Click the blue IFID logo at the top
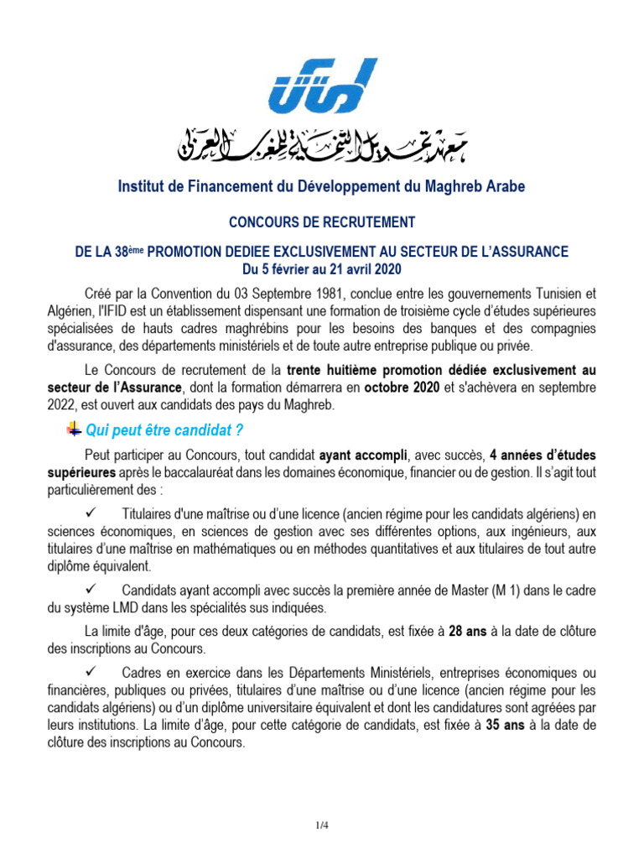[x=322, y=87]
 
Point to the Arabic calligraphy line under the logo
[x=322, y=146]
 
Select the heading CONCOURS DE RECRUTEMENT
[x=322, y=222]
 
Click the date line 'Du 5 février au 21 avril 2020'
[x=322, y=268]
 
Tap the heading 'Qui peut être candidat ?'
[x=158, y=430]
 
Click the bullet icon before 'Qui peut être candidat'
[x=72, y=429]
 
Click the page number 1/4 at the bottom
[x=322, y=826]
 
